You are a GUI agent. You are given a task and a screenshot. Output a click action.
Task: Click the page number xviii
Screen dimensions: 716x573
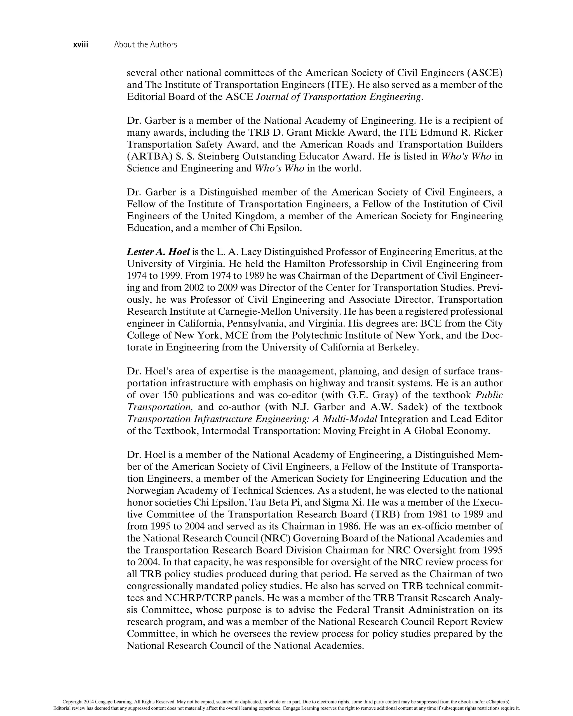click(81, 44)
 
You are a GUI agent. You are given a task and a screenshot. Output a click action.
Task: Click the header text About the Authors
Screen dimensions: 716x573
click(145, 44)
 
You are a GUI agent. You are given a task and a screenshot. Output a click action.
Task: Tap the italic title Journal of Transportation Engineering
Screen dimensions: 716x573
click(339, 97)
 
